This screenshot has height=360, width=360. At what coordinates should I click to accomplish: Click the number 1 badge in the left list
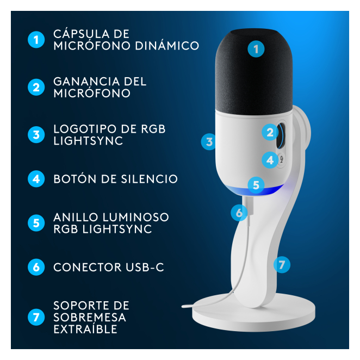pos(36,40)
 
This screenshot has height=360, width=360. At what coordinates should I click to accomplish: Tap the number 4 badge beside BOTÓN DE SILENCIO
pos(36,179)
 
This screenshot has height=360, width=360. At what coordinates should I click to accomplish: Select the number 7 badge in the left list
pos(36,317)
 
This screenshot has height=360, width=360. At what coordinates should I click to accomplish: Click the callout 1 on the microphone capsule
pos(256,49)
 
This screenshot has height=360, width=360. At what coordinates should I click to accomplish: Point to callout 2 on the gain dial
pos(270,132)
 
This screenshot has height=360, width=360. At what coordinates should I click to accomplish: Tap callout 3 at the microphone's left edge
pos(209,141)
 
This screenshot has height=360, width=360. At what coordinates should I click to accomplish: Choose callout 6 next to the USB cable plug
pos(239,213)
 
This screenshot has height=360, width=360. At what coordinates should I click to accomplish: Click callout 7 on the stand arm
pos(282,265)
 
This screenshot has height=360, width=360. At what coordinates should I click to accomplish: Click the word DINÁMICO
pos(167,46)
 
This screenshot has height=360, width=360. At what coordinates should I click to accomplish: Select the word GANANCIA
pos(86,82)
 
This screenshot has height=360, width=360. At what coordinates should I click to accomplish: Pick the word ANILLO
pos(76,217)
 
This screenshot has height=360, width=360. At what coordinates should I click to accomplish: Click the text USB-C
pos(145,267)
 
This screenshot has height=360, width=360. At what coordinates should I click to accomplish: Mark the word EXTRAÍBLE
pos(85,329)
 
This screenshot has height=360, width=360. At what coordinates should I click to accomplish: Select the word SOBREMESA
pos(90,317)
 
